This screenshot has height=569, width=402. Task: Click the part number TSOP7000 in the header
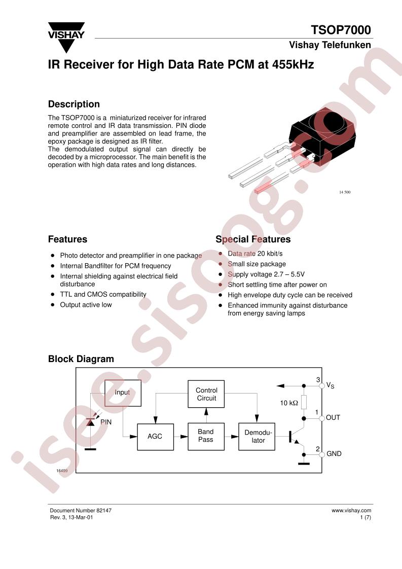pyautogui.click(x=341, y=30)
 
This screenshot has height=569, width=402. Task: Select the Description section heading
pyautogui.click(x=74, y=104)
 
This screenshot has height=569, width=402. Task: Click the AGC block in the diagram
pyautogui.click(x=155, y=437)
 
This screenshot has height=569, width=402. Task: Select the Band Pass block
pyautogui.click(x=206, y=437)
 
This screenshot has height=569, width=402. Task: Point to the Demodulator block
pyautogui.click(x=257, y=437)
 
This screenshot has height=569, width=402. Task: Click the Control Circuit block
pyautogui.click(x=206, y=394)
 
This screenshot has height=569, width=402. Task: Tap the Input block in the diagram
pyautogui.click(x=123, y=393)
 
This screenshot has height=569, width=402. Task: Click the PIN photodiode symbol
pyautogui.click(x=91, y=421)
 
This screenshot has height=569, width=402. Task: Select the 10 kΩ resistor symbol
pyautogui.click(x=304, y=403)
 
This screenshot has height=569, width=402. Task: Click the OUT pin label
pyautogui.click(x=333, y=418)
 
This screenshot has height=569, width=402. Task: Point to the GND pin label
pyautogui.click(x=334, y=453)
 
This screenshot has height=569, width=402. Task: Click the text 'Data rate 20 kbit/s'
pyautogui.click(x=255, y=254)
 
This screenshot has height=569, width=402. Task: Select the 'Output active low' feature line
pyautogui.click(x=86, y=305)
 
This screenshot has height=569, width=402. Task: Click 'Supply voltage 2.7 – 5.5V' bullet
pyautogui.click(x=266, y=274)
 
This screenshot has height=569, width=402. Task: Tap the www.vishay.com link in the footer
pyautogui.click(x=351, y=510)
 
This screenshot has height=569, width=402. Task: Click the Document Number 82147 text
pyautogui.click(x=81, y=510)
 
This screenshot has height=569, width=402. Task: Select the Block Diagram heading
pyautogui.click(x=81, y=359)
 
